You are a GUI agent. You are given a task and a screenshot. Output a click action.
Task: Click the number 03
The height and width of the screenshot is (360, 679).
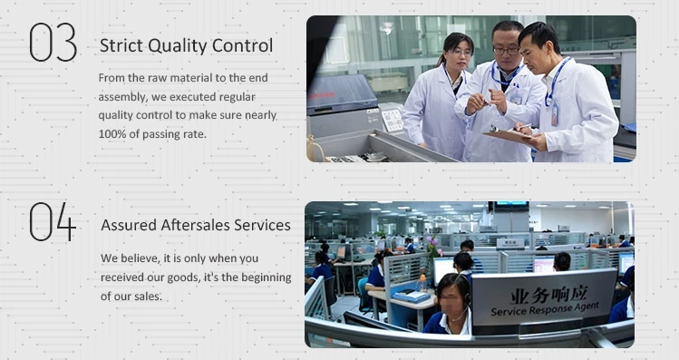53,43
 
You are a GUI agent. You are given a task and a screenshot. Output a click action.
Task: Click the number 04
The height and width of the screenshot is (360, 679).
53,222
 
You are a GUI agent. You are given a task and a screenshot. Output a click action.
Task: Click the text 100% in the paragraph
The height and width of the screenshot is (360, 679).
113,134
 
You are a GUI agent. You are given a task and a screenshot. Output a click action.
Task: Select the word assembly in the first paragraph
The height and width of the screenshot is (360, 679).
125,96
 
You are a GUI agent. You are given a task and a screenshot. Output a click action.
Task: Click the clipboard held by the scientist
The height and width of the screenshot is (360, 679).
509,132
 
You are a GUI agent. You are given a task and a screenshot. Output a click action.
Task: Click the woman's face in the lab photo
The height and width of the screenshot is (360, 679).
460,54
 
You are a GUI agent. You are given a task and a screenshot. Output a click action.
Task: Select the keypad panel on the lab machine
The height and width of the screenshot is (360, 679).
392,120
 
